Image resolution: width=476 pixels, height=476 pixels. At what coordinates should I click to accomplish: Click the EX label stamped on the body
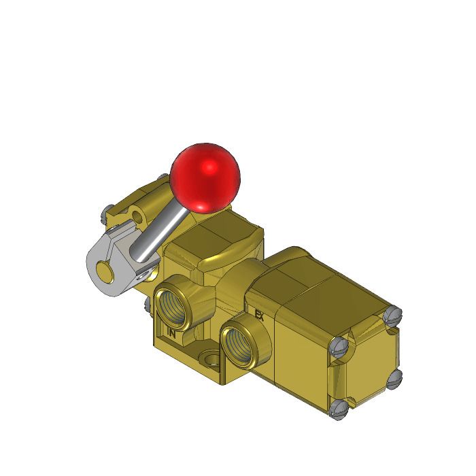click(258, 315)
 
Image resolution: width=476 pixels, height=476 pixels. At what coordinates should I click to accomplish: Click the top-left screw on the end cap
click(341, 347)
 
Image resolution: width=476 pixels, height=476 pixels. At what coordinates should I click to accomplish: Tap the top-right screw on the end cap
click(391, 316)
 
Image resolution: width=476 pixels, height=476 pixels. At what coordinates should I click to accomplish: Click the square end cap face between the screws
click(367, 364)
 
